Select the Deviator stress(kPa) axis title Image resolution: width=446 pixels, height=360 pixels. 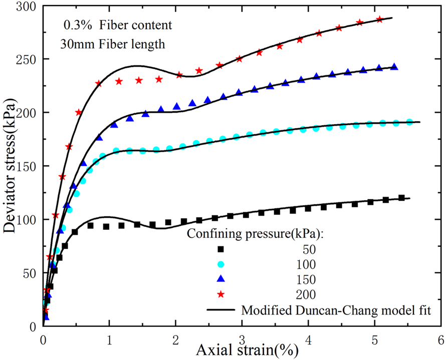coord(11,166)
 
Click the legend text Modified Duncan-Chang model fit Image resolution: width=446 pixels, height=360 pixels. coord(336,309)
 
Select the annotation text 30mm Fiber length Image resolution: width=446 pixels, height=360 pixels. coord(113,44)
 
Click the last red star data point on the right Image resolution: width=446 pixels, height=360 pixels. coord(379,19)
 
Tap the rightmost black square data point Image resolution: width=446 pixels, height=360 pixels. coord(401,198)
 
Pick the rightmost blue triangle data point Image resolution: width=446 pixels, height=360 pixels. coord(394,67)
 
